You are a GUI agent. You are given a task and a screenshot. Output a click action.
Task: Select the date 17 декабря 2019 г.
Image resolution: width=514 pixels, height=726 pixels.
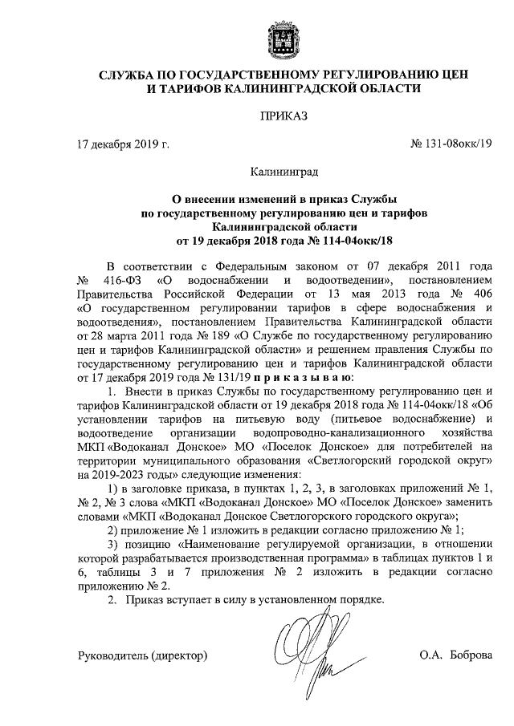coord(123,145)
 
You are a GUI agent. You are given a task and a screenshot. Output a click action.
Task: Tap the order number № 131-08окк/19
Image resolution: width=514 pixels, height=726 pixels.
coord(452,145)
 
